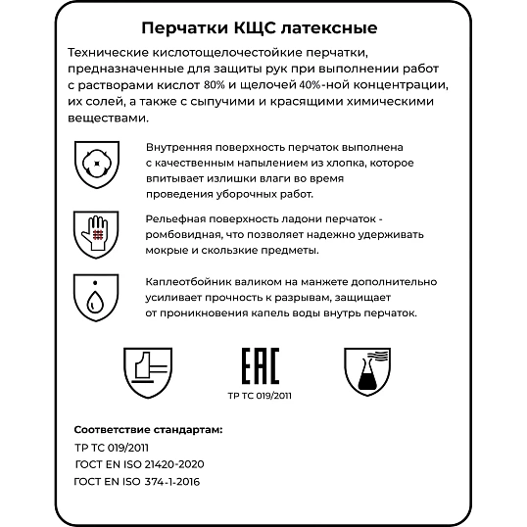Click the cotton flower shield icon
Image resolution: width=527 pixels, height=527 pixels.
coord(93,158)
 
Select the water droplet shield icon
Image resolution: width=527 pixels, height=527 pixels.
coord(93,295)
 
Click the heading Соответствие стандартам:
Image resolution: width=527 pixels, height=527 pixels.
coord(148,429)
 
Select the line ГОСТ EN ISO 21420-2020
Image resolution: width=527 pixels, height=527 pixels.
coord(139,463)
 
